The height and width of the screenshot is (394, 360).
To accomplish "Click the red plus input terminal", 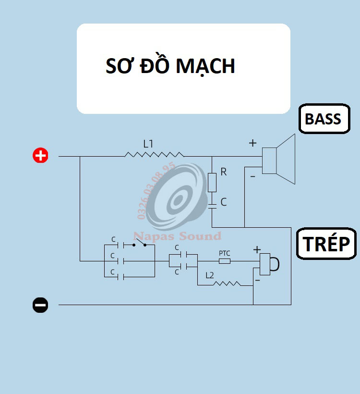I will (x=40, y=156).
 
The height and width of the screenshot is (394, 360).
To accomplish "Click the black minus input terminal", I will (x=40, y=305).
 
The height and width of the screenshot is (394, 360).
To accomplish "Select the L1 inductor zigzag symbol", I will (x=154, y=155).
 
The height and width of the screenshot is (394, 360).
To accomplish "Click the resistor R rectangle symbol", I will (x=212, y=182).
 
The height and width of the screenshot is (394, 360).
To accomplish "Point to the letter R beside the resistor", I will (x=223, y=172).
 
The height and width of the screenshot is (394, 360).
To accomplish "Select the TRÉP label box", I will (x=326, y=244).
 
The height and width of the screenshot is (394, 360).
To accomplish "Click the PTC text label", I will (x=225, y=253).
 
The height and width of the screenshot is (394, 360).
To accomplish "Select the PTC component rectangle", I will (x=225, y=261).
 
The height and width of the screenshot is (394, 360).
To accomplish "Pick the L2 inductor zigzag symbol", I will (x=227, y=283).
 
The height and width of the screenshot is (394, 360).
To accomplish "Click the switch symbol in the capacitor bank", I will (x=140, y=244).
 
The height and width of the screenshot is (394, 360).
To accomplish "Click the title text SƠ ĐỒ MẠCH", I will (x=170, y=66).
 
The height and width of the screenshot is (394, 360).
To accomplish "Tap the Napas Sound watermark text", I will (x=177, y=236).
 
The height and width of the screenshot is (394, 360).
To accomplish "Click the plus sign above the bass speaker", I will (x=252, y=143).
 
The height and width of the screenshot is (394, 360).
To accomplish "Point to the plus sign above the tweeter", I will (x=257, y=249).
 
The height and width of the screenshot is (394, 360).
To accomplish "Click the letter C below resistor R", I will (x=223, y=202).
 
